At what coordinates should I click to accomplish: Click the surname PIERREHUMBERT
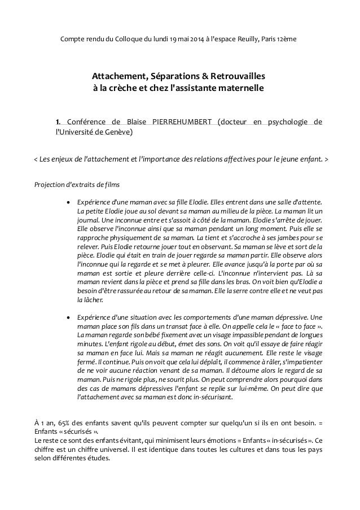[183, 121]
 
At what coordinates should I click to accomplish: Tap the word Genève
[118, 132]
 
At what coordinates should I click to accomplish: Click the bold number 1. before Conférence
[57, 121]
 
